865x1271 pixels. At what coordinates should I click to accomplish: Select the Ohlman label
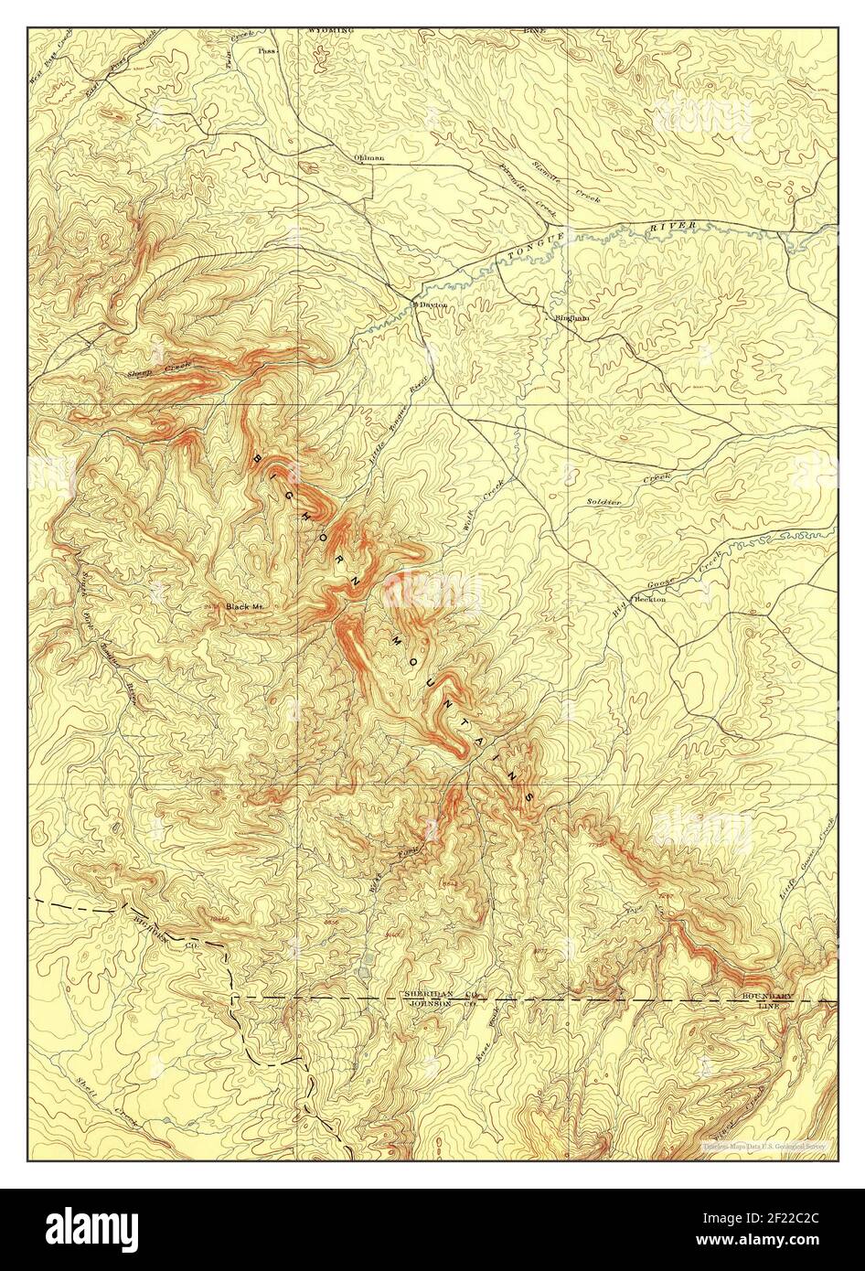(x=368, y=157)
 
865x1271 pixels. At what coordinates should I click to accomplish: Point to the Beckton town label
(x=651, y=599)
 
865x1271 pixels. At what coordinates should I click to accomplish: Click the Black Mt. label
(x=245, y=605)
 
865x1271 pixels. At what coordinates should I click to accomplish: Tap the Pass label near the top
(x=266, y=52)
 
